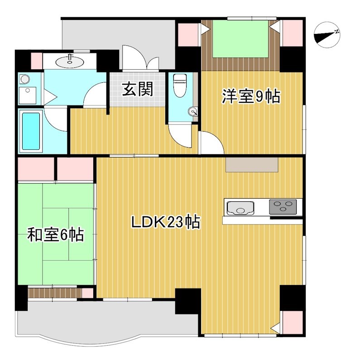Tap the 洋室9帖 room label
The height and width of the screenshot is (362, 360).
250,96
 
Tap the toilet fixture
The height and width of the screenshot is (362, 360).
180,85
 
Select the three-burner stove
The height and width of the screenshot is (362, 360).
283,207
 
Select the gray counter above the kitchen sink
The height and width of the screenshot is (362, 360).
252,165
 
